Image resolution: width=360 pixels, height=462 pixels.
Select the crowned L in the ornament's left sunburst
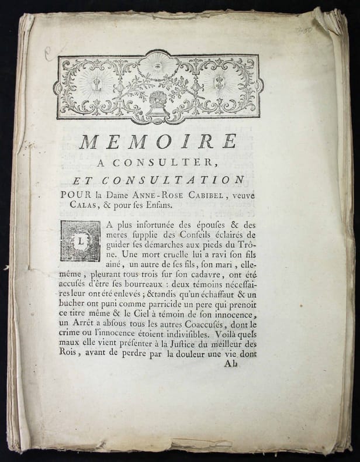pyautogui.click(x=96, y=82)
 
